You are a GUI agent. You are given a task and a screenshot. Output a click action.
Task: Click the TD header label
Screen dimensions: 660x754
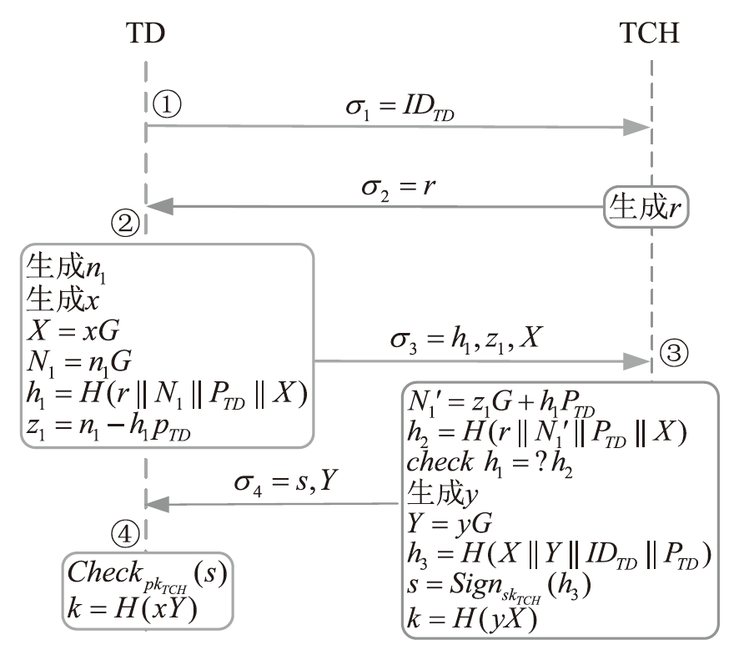[146, 33]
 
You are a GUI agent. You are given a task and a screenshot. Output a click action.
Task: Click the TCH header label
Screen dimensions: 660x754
[650, 33]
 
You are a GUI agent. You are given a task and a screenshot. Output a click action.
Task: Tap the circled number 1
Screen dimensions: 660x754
[167, 103]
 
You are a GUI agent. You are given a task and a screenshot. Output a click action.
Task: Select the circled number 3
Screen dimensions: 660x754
[673, 353]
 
